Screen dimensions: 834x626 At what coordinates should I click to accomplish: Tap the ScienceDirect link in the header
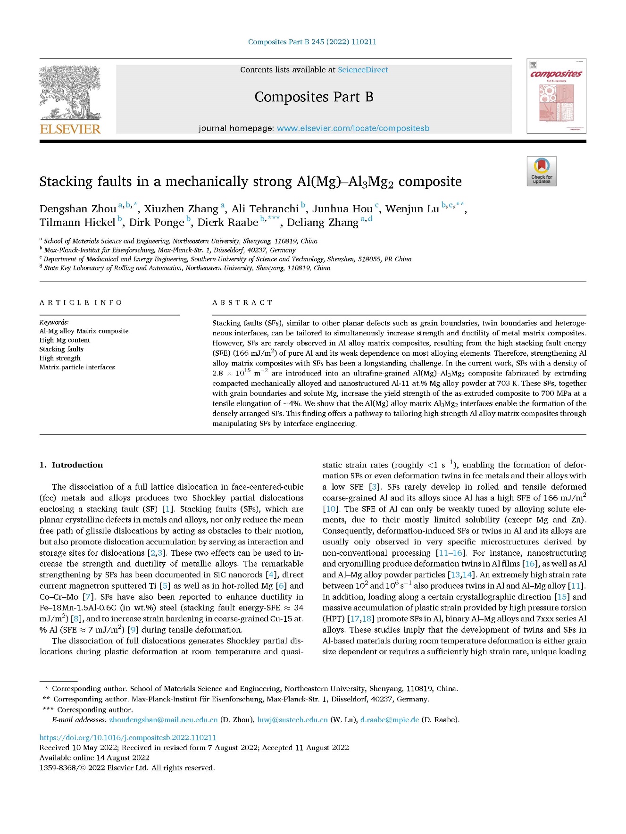click(362, 70)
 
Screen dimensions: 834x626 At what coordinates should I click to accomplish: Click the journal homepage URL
click(353, 128)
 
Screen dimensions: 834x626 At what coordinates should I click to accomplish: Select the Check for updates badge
click(542, 171)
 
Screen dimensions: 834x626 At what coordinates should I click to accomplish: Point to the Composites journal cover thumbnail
click(556, 96)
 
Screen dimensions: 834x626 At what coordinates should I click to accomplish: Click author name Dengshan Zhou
click(78, 209)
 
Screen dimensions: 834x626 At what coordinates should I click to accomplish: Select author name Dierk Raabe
click(228, 223)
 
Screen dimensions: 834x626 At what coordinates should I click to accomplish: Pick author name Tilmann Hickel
click(77, 223)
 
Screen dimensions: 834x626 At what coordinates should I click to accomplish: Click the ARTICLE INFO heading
click(81, 302)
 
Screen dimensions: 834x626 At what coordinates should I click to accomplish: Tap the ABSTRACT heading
click(242, 302)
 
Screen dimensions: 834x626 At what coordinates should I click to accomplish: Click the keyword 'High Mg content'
click(65, 340)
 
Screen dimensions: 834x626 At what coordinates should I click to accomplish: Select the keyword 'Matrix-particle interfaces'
click(77, 367)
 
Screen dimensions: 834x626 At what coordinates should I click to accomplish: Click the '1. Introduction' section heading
click(71, 465)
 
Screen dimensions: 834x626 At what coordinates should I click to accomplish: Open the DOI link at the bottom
click(128, 737)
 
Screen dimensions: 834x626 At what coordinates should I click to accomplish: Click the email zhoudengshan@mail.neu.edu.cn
click(163, 720)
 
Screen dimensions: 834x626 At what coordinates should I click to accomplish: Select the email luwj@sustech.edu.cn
click(292, 720)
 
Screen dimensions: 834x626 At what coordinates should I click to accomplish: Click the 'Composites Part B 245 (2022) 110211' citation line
click(312, 42)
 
